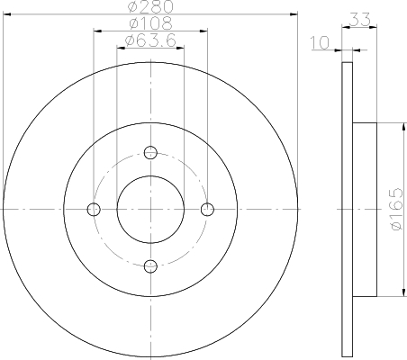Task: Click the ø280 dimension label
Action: point(150,8)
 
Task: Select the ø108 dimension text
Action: point(150,24)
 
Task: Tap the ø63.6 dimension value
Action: point(150,40)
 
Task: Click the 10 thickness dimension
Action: point(321,42)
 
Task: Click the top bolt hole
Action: point(150,152)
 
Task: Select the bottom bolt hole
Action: point(150,265)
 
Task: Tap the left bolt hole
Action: point(94,209)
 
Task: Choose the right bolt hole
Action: point(207,209)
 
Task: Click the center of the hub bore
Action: point(150,209)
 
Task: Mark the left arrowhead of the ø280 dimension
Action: point(6,15)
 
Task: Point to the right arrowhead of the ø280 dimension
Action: point(294,15)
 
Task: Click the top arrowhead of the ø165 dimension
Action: point(397,124)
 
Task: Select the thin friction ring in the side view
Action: point(347,209)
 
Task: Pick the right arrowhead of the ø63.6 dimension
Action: point(181,48)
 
